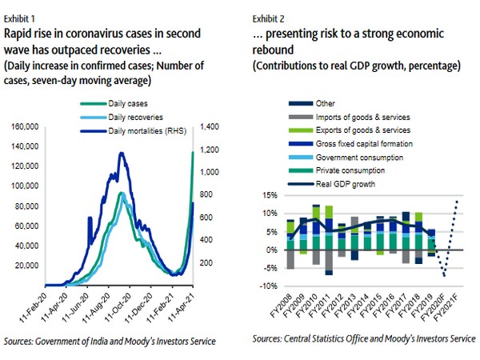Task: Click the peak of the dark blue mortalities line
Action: point(121,153)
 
